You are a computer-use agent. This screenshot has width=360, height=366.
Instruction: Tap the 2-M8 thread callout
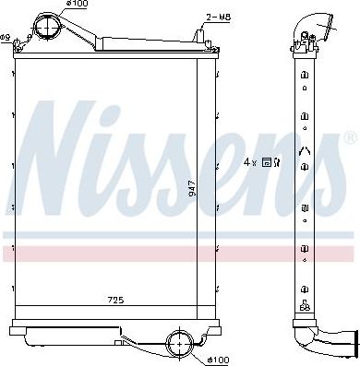219,17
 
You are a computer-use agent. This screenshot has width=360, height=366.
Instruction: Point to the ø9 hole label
5,38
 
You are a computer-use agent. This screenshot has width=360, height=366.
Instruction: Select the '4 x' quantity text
248,161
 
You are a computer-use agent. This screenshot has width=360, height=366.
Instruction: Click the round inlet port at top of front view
46,26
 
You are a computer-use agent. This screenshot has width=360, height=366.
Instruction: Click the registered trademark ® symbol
349,138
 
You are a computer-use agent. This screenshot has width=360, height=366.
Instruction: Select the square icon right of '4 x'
266,161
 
